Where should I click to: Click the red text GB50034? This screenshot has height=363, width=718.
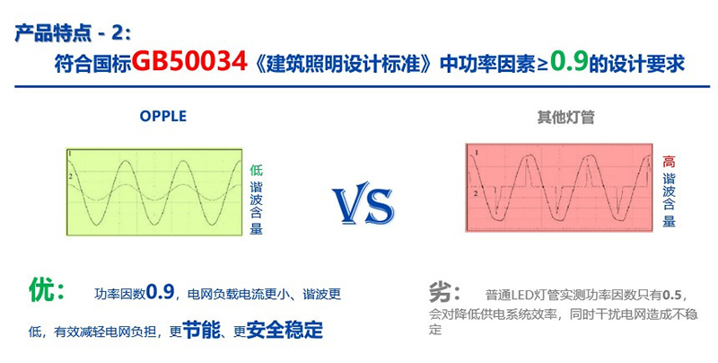(190, 62)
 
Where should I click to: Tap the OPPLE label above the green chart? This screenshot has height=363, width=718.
(163, 116)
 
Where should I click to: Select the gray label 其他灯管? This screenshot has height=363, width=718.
(565, 118)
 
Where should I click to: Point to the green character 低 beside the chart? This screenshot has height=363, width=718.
(256, 170)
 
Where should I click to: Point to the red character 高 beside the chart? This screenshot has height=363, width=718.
(669, 162)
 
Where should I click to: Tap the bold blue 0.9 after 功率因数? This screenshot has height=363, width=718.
(161, 291)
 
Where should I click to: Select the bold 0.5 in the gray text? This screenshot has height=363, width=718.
(672, 294)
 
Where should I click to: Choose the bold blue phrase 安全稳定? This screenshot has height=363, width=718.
(285, 329)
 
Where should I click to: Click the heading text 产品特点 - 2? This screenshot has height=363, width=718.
(73, 34)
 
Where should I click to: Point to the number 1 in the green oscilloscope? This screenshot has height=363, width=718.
(70, 154)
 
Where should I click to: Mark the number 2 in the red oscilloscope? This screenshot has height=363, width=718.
(476, 194)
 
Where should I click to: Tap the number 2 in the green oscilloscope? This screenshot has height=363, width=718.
(70, 176)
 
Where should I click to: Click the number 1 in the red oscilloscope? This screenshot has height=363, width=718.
(477, 152)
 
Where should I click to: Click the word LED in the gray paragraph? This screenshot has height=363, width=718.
(520, 295)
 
